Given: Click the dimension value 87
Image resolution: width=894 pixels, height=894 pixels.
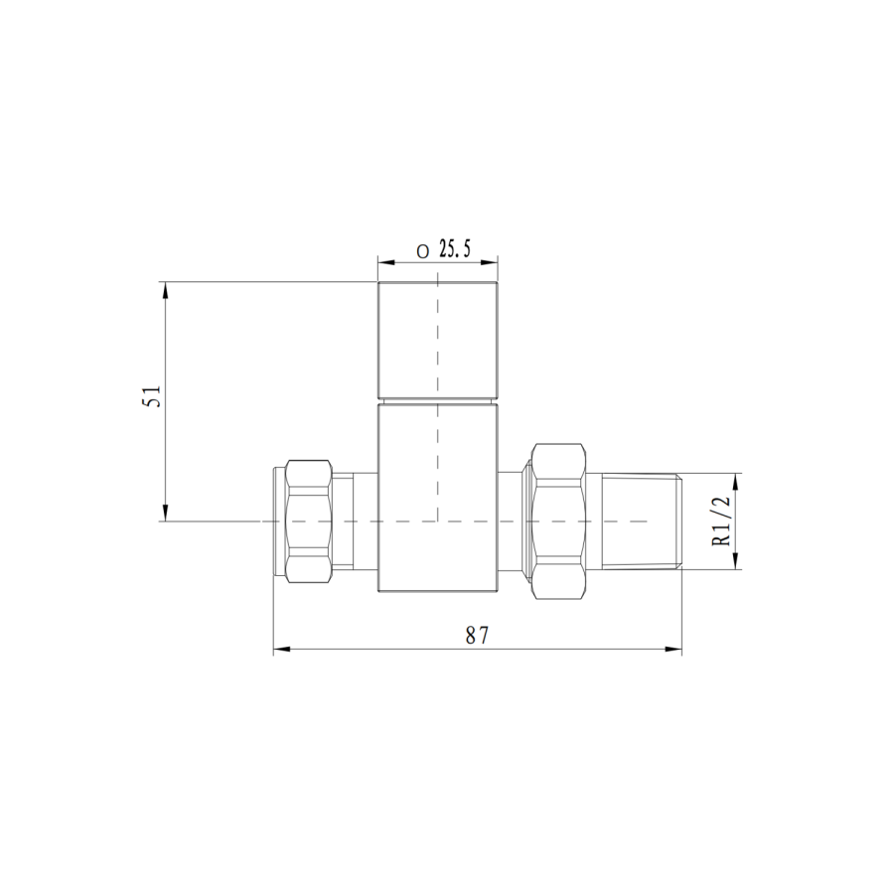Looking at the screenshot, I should click(x=478, y=636).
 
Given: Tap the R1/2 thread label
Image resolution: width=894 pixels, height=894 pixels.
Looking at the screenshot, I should click(x=722, y=521).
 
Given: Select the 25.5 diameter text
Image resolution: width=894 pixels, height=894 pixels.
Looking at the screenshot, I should click(x=453, y=250).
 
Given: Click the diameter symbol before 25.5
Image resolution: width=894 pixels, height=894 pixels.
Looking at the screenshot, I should click(x=422, y=252).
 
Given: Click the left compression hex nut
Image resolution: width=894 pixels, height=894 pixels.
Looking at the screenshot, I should click(x=307, y=521).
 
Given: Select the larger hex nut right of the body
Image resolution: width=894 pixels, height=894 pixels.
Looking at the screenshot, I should click(x=560, y=521).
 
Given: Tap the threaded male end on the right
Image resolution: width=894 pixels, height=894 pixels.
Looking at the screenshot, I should click(x=641, y=521).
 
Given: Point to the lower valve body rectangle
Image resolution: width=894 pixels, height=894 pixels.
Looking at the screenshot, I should click(x=437, y=497).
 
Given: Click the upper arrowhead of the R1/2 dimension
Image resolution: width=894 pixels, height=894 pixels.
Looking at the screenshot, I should click(x=736, y=481).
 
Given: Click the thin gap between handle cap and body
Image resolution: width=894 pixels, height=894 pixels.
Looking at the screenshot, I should click(x=437, y=401).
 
